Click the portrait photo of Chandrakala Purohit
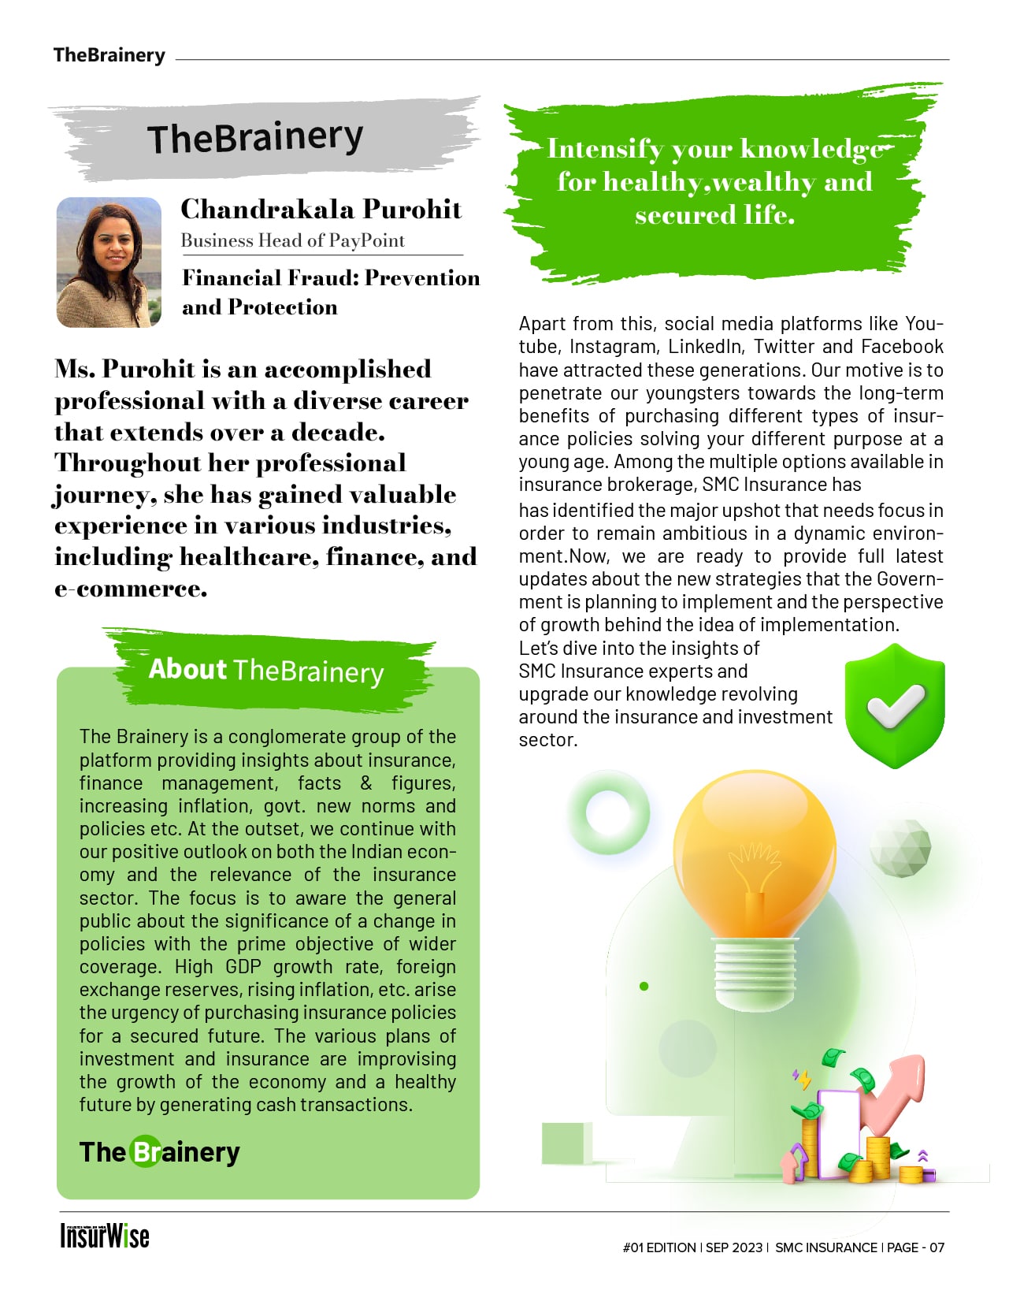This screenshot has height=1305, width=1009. pyautogui.click(x=109, y=262)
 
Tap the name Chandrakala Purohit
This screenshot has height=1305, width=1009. pyautogui.click(x=321, y=209)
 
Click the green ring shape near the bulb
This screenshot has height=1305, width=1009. pyautogui.click(x=608, y=812)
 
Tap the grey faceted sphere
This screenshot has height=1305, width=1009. pyautogui.click(x=900, y=847)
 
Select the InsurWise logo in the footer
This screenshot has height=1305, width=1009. pyautogui.click(x=105, y=1236)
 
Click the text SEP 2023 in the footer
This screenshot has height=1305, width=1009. pyautogui.click(x=734, y=1247)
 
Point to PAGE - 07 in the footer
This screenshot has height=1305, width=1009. pyautogui.click(x=915, y=1247)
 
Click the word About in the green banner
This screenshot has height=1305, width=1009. pyautogui.click(x=187, y=669)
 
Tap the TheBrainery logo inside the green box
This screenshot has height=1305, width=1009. pyautogui.click(x=159, y=1152)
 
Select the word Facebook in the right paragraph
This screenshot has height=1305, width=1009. pyautogui.click(x=902, y=347)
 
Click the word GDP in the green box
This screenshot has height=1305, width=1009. pyautogui.click(x=243, y=967)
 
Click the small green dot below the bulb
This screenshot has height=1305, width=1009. pyautogui.click(x=644, y=986)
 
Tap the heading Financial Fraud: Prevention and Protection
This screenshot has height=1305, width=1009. pyautogui.click(x=330, y=292)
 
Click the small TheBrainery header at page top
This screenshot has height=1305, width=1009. pyautogui.click(x=109, y=55)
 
